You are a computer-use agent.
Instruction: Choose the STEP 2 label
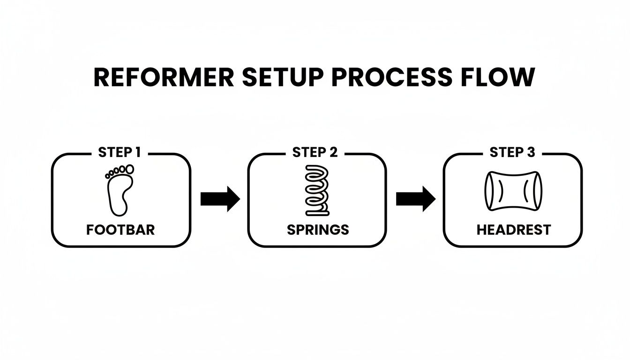315,152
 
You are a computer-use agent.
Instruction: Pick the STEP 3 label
512,152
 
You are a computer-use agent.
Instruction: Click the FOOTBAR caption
120,230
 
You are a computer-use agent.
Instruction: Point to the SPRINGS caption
318,230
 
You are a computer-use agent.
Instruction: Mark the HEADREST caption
513,230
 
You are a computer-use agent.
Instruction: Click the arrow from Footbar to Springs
219,199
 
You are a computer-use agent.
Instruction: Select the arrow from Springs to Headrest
415,199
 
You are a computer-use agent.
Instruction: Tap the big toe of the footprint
129,168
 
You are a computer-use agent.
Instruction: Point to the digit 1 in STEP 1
137,152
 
